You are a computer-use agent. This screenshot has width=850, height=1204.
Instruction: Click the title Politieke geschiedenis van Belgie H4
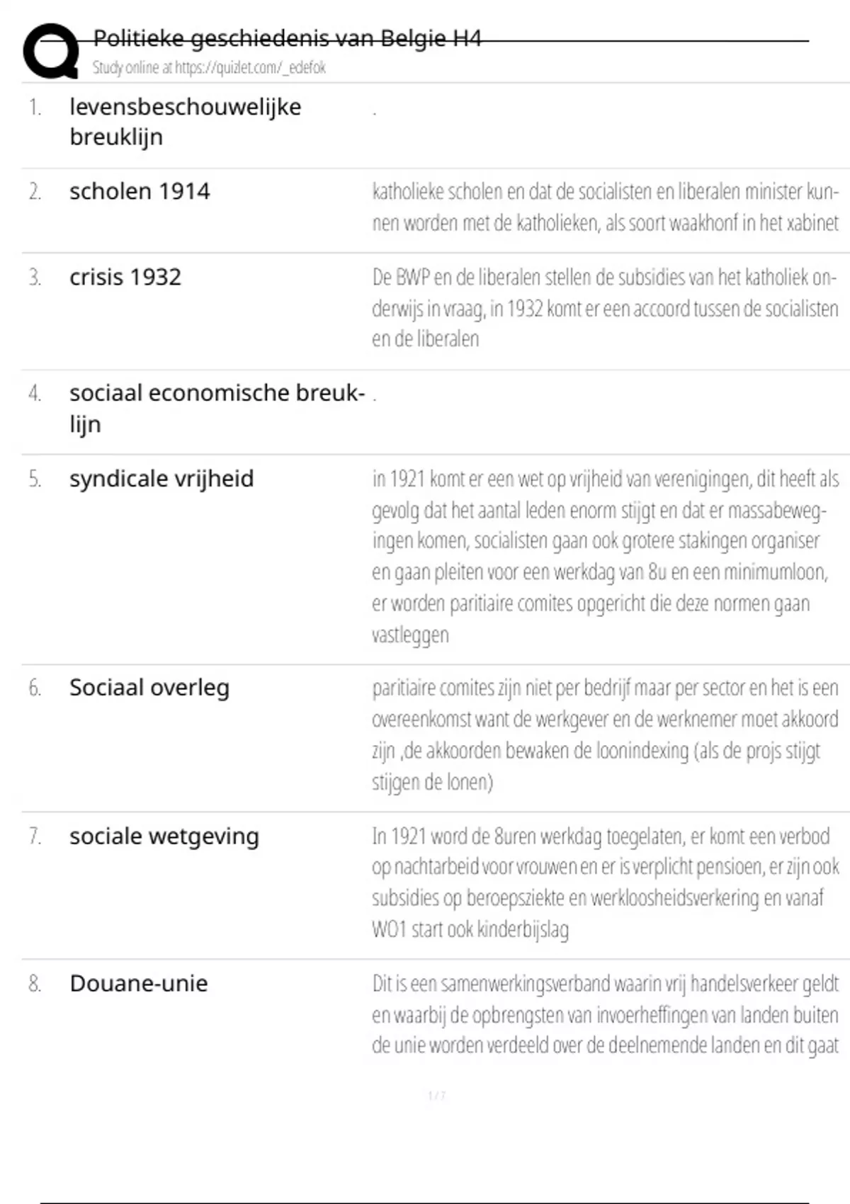coord(287,38)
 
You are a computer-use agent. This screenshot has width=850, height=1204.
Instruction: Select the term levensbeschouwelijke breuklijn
coord(185,121)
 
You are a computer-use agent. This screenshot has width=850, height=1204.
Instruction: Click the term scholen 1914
coord(140,191)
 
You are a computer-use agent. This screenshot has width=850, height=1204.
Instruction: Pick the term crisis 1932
coord(125,277)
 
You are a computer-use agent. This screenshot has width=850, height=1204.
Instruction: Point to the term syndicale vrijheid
coord(161,479)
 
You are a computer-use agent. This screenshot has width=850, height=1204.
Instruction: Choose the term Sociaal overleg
coord(149,688)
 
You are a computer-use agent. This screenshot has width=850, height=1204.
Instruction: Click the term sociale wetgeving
coord(164,836)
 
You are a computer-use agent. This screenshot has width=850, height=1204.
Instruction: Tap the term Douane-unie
coord(139,984)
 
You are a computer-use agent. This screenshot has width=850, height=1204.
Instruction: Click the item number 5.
coord(35,479)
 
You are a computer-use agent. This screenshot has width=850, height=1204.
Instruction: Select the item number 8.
coord(35,984)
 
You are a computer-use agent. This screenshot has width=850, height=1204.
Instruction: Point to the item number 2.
coord(35,192)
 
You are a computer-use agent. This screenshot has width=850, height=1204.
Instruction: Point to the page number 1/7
coord(436,1096)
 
